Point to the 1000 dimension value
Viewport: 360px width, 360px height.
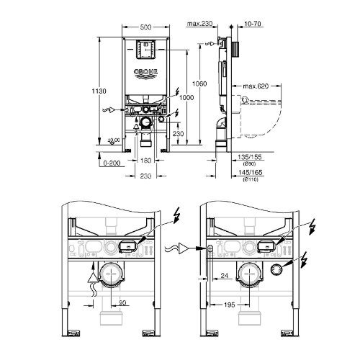coord(186,98)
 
